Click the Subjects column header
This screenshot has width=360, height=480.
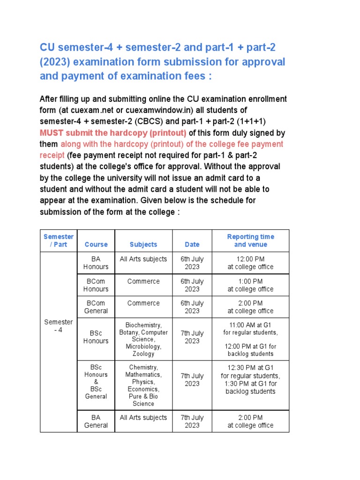pyautogui.click(x=143, y=244)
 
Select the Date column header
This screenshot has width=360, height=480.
pyautogui.click(x=192, y=244)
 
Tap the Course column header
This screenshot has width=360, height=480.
pyautogui.click(x=96, y=244)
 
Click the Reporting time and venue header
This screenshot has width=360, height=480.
pyautogui.click(x=250, y=240)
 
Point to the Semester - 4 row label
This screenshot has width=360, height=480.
pyautogui.click(x=59, y=326)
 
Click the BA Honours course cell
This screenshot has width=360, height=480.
pyautogui.click(x=96, y=263)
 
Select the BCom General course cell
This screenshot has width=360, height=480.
pyautogui.click(x=96, y=307)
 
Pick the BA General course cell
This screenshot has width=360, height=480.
pyautogui.click(x=96, y=421)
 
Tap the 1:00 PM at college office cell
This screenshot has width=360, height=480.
pyautogui.click(x=250, y=285)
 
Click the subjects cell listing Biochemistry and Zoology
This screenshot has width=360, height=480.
pyautogui.click(x=143, y=339)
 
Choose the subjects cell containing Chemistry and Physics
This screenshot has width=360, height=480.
pyautogui.click(x=143, y=385)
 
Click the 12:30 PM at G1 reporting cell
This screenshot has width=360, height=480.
pyautogui.click(x=250, y=380)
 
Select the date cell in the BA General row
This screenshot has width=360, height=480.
pyautogui.click(x=192, y=421)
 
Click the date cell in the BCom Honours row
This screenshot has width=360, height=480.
pyautogui.click(x=192, y=285)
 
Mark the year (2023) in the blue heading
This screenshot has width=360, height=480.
pyautogui.click(x=53, y=62)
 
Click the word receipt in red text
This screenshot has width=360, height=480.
pyautogui.click(x=52, y=155)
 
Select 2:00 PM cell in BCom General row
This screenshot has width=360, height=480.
pyautogui.click(x=250, y=307)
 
